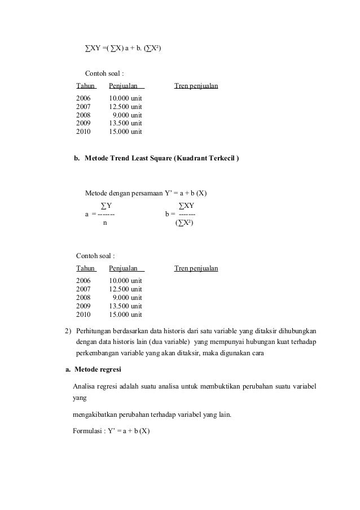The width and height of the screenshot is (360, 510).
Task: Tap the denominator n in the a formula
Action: (104, 223)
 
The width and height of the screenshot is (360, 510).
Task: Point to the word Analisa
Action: (85, 386)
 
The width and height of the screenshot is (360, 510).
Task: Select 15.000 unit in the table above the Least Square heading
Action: (125, 132)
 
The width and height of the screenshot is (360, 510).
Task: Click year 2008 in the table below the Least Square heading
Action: (83, 297)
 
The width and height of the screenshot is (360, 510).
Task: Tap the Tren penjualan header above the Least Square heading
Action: (196, 86)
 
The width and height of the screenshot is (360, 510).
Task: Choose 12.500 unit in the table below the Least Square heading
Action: (125, 289)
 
